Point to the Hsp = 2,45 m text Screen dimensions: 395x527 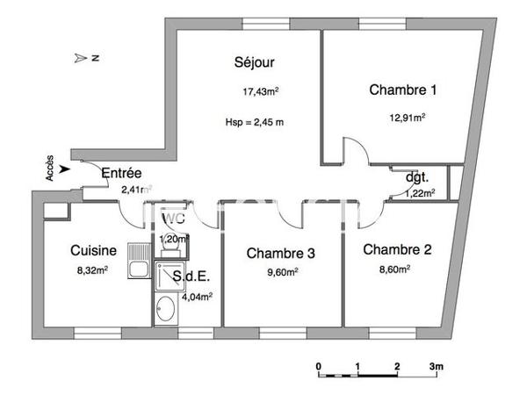(x=255, y=122)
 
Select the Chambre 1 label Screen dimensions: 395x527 (x=402, y=90)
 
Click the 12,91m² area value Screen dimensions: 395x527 (x=408, y=117)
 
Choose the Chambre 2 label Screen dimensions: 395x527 (x=397, y=249)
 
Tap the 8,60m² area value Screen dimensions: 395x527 (x=395, y=269)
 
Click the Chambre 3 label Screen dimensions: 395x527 (x=280, y=254)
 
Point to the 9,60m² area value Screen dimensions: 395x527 (x=281, y=273)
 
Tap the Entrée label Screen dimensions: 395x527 (x=122, y=173)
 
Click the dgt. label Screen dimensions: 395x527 (x=416, y=177)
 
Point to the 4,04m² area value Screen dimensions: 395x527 (x=197, y=297)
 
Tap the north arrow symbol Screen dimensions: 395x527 (x=84, y=58)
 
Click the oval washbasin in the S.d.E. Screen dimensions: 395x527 (x=165, y=309)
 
